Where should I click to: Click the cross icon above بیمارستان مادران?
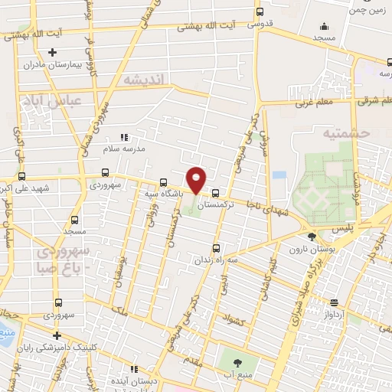click(x=52, y=52)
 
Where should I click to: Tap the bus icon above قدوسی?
click(x=260, y=12)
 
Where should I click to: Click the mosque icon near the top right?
click(x=322, y=24)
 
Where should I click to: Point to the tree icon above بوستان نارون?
click(x=311, y=237)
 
